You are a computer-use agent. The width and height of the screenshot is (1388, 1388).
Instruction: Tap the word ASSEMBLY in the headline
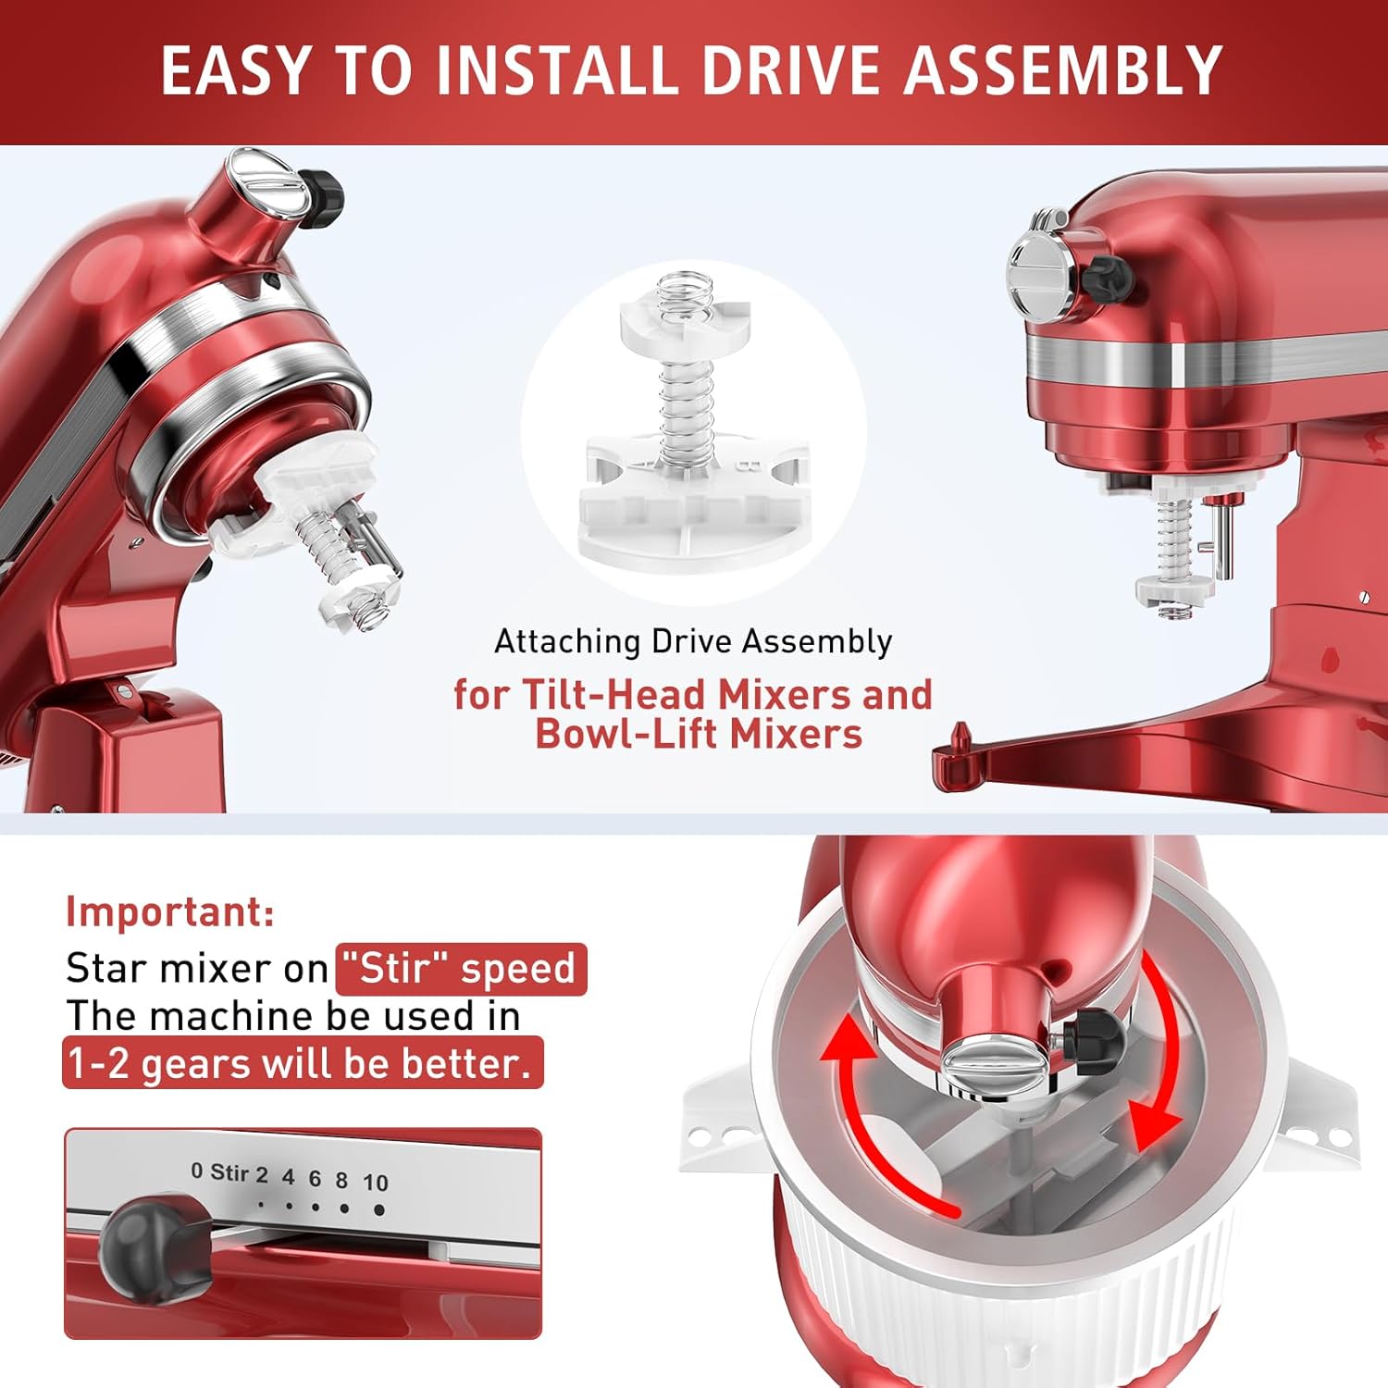[1063, 70]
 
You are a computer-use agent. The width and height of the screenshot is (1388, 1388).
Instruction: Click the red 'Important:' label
[170, 911]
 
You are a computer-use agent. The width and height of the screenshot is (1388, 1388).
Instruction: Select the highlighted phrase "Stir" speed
[462, 969]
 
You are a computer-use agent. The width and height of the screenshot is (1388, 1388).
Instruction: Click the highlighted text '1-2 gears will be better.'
[302, 1063]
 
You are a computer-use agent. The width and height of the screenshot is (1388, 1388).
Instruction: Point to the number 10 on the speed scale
[375, 1183]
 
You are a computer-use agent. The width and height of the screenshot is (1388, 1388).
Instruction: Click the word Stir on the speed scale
[229, 1172]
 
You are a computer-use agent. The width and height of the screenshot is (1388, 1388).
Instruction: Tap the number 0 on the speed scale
[196, 1171]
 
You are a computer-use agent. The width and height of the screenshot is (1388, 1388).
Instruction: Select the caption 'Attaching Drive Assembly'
[693, 641]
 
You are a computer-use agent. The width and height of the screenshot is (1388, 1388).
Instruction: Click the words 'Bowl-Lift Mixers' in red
[699, 735]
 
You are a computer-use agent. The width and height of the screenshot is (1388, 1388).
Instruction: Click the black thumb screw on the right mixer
[1107, 275]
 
